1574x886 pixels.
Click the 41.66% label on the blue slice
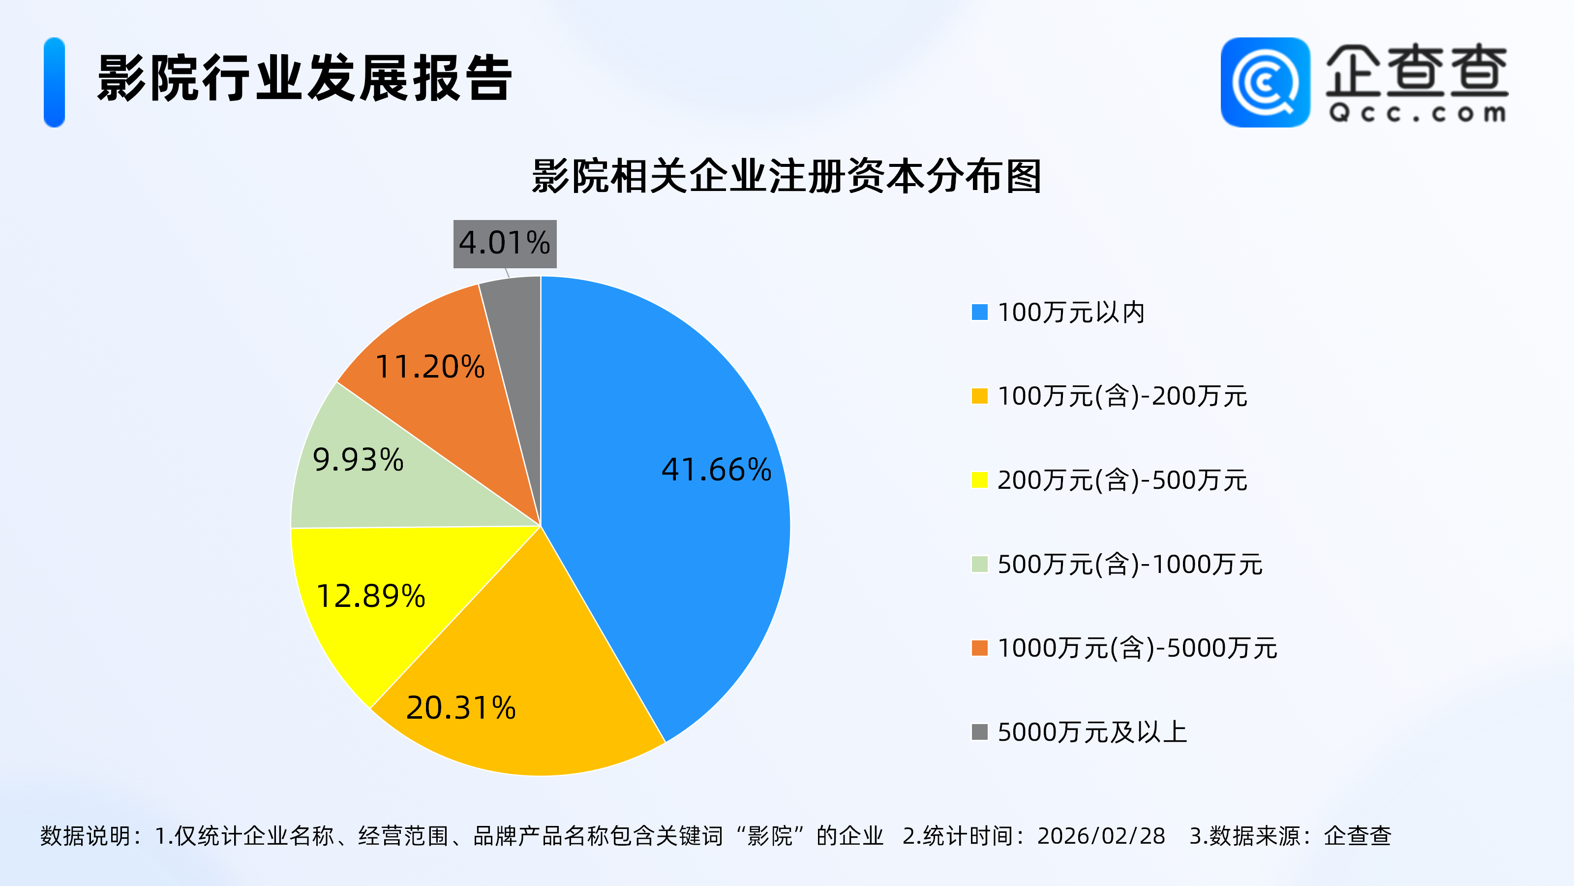tap(716, 470)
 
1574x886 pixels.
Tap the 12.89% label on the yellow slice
tap(370, 596)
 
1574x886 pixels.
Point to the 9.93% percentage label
tap(358, 460)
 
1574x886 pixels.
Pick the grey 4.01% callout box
tap(505, 243)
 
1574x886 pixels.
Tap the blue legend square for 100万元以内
tap(979, 313)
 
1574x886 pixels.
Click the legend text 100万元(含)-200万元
tap(1122, 396)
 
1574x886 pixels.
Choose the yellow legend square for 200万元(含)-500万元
tap(979, 480)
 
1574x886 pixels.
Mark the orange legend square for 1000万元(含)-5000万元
tap(979, 648)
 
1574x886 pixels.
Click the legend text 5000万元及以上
tap(1092, 732)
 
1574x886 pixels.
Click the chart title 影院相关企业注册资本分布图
tap(787, 176)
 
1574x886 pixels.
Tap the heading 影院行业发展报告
tap(304, 78)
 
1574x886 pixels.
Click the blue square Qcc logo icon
tap(1265, 83)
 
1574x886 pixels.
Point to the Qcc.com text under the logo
tap(1417, 113)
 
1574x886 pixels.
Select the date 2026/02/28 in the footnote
tap(1101, 836)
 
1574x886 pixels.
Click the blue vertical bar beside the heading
tap(55, 83)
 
